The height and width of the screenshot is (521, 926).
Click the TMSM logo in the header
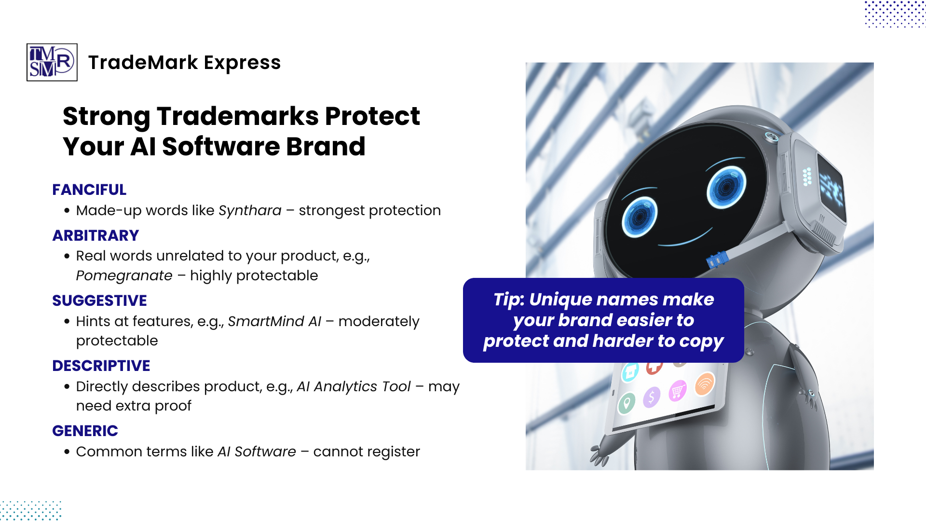(52, 62)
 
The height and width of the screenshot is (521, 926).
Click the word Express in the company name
(242, 63)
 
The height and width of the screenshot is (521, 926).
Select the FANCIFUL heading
(89, 190)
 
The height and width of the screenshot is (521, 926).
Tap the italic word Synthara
(250, 210)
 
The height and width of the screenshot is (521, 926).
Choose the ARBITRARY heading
(95, 235)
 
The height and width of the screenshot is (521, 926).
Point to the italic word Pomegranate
(124, 275)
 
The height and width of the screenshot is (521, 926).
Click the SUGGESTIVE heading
(99, 301)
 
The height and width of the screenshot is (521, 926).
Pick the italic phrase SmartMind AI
(274, 321)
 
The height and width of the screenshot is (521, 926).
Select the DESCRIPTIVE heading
(101, 366)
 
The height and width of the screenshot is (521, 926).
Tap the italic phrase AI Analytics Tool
(354, 386)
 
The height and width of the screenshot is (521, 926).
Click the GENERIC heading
(85, 431)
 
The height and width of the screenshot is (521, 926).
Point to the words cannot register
(367, 452)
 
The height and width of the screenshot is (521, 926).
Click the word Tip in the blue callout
(507, 300)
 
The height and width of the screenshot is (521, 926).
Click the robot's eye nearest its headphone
(726, 187)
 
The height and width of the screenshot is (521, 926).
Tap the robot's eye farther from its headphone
(640, 218)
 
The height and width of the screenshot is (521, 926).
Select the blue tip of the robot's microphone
(717, 260)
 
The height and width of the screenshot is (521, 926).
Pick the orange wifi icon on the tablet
(705, 384)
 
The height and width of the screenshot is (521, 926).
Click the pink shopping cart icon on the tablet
(677, 391)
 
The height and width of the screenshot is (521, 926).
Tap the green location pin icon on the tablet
(626, 403)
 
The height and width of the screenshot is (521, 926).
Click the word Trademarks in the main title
(238, 116)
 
